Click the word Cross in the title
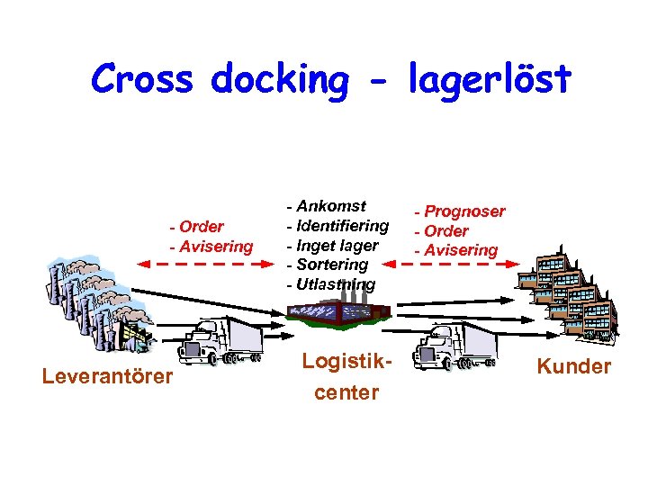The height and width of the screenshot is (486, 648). click(141, 79)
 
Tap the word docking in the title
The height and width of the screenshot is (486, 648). click(280, 81)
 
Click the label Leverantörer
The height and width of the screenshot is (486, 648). click(106, 375)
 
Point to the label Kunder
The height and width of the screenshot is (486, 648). click(573, 366)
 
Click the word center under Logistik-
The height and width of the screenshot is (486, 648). click(346, 393)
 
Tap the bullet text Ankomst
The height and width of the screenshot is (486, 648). click(331, 206)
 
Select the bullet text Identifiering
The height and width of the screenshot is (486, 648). click(342, 225)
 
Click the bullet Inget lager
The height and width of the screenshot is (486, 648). click(337, 245)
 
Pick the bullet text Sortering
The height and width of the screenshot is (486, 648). click(332, 265)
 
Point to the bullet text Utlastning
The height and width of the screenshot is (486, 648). click(336, 284)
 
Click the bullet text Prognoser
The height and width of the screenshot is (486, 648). click(464, 211)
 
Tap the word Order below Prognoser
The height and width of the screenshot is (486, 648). click(446, 231)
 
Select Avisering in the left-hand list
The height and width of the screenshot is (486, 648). click(216, 246)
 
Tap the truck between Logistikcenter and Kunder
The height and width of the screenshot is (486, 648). click(455, 346)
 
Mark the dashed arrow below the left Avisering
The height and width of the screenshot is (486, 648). click(204, 265)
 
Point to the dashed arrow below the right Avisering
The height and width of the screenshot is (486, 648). click(460, 265)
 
